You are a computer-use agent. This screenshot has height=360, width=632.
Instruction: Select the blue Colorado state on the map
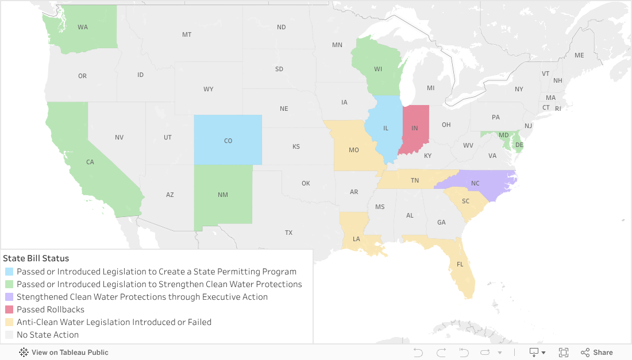[228, 140]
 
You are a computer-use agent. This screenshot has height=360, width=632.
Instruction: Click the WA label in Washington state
[83, 27]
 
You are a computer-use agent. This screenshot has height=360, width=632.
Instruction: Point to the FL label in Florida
[460, 265]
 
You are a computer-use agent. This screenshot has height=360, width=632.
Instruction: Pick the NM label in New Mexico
[223, 195]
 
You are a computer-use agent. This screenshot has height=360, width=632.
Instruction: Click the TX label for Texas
[288, 233]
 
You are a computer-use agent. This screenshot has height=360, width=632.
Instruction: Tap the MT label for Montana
[187, 34]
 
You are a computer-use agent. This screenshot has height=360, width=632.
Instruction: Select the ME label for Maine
[579, 55]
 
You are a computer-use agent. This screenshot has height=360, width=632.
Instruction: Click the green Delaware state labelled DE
[519, 145]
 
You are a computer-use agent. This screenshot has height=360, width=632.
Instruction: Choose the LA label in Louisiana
[356, 239]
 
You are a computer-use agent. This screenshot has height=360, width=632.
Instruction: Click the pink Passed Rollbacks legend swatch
[9, 309]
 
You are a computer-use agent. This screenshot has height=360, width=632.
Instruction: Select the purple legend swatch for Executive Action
[9, 297]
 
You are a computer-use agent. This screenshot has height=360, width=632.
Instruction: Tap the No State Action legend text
[48, 335]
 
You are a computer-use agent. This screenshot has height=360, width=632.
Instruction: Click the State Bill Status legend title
[36, 258]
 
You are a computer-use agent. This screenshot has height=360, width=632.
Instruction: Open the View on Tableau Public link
[64, 353]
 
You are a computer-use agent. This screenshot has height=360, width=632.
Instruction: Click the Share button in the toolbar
[597, 353]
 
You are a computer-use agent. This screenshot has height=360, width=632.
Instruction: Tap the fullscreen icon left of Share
[564, 353]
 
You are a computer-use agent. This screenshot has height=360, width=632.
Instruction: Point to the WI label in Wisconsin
[378, 69]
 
